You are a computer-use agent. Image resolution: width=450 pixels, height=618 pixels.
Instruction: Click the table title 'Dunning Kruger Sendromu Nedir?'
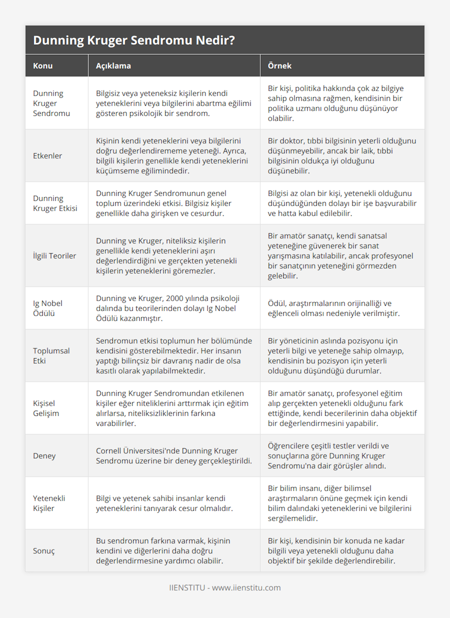(134, 40)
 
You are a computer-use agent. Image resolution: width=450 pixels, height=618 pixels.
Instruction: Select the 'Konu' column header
(43, 66)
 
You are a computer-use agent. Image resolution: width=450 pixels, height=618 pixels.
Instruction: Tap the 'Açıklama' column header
(113, 66)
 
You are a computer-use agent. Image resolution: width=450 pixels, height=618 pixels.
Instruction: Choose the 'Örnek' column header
(279, 66)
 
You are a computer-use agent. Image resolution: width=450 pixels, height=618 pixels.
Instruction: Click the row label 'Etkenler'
(47, 156)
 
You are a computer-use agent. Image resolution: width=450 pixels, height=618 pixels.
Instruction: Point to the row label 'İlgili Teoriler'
(54, 256)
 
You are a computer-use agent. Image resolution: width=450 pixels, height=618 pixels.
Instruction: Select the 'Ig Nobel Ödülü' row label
(48, 308)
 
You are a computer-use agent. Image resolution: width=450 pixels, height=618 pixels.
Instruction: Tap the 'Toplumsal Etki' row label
(51, 355)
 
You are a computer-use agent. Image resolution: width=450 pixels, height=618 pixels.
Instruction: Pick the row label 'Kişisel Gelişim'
(46, 408)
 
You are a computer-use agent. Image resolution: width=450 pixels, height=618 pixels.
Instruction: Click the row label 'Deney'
(44, 456)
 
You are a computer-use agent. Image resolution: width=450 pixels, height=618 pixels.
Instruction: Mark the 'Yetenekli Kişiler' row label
(49, 503)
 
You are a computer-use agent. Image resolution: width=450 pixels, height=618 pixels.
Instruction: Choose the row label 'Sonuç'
(44, 551)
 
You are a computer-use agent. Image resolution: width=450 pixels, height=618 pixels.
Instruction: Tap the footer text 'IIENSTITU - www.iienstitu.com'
(225, 588)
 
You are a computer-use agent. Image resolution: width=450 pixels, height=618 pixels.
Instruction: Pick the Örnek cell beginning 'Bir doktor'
(342, 156)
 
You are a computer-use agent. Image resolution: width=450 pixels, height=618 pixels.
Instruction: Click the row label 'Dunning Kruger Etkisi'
(55, 203)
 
